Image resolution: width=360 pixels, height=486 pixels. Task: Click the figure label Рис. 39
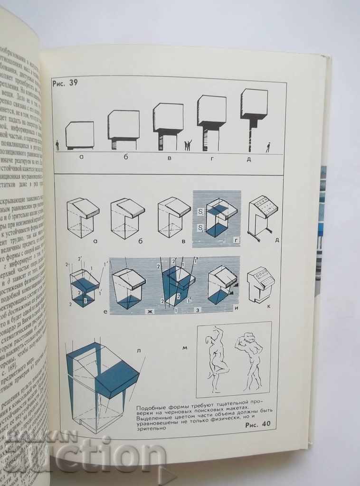point(65,83)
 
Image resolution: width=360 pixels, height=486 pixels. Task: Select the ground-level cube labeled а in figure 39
point(79,135)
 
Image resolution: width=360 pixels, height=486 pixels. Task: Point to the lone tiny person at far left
point(57,145)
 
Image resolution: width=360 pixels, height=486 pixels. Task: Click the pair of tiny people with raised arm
point(188,145)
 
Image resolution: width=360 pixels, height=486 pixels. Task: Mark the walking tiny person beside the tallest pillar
point(268,147)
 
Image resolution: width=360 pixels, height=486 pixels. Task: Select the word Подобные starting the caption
point(150,408)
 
